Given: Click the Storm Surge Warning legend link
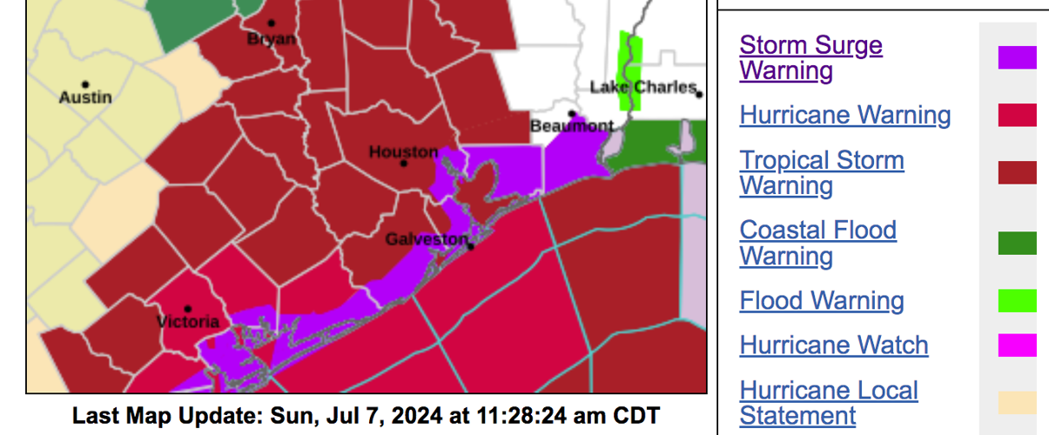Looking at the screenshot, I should point(810,57).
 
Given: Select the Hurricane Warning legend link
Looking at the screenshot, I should point(844,115).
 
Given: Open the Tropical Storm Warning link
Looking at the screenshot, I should point(821,172).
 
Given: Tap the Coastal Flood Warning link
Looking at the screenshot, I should point(817,243).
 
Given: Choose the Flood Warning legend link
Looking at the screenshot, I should point(822,301).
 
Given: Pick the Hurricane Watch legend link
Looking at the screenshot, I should point(833,345).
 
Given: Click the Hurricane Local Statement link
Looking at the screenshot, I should point(828,403).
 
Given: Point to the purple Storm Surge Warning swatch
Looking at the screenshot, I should point(1017,57).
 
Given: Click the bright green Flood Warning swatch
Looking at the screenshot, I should point(1017,301).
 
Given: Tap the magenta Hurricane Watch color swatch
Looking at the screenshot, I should point(1017,345).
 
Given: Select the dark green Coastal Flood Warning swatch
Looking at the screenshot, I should point(1017,243).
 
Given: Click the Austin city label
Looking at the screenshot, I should point(85,97).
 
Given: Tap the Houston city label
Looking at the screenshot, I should point(403,152).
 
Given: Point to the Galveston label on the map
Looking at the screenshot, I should point(427,239).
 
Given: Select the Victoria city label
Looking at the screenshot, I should point(187,322).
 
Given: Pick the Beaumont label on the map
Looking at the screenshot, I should point(571,127).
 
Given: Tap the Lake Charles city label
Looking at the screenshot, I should point(642,87).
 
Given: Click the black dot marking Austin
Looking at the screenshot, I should point(85,84).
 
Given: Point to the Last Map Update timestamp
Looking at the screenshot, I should point(366,415).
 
